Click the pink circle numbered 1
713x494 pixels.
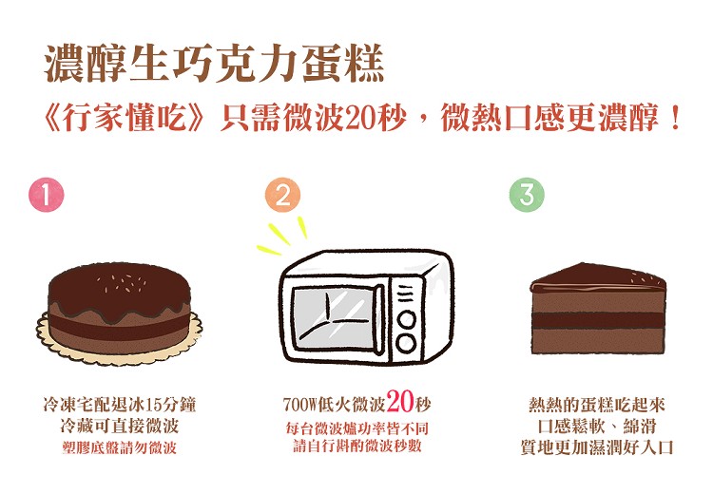click(47, 195)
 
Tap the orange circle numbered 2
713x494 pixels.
click(283, 195)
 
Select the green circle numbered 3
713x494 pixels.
click(527, 195)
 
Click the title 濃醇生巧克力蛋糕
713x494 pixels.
click(214, 64)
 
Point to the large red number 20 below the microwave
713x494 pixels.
click(400, 401)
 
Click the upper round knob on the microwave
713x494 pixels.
click(406, 319)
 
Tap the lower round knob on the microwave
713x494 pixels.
click(406, 343)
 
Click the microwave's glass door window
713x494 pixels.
click(335, 318)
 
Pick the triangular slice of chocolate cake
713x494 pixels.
click(598, 308)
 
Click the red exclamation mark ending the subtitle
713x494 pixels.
click(675, 117)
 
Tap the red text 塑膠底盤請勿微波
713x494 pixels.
click(119, 448)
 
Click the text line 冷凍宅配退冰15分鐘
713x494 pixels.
click(119, 404)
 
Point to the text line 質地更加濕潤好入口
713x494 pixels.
click(597, 447)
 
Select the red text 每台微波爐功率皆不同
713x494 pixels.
click(356, 427)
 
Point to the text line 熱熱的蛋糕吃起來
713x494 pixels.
click(597, 404)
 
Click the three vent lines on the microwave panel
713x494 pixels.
click(406, 294)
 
